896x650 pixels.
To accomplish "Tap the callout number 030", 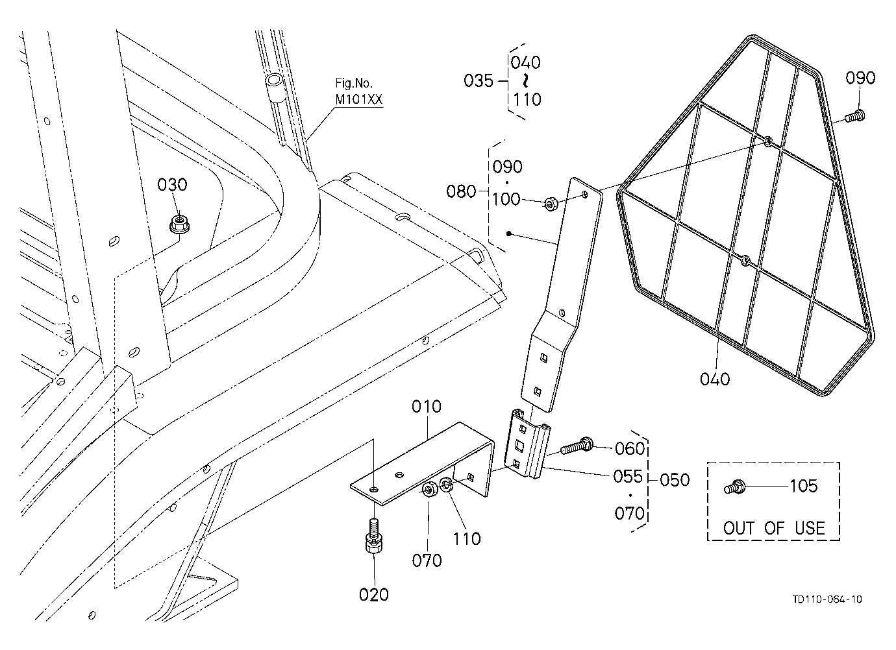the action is [172, 185].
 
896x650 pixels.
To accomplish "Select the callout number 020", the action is [373, 594].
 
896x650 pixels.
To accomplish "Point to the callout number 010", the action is [427, 407].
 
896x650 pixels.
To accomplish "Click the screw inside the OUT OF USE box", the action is [734, 488].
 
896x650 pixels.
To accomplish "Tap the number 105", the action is [803, 486].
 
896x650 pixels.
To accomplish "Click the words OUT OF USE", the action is [774, 528].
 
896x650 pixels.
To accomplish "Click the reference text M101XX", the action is [359, 99].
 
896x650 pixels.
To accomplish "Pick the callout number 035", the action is [479, 80].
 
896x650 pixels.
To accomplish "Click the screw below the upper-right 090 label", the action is [855, 116].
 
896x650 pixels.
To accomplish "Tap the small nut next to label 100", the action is [551, 204].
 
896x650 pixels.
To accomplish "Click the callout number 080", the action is [461, 191].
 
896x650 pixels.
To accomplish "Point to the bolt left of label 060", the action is [577, 445].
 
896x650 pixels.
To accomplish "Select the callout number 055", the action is [628, 477].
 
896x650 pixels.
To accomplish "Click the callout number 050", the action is [675, 479].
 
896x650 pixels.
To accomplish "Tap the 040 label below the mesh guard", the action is [715, 379].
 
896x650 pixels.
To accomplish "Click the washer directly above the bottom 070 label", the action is [430, 489].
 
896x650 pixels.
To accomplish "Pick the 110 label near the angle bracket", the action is [467, 539].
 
